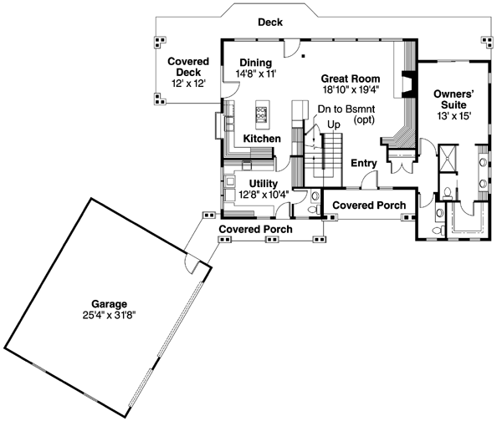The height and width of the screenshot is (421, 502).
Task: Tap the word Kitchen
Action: (262, 138)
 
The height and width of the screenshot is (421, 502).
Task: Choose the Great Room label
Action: (351, 79)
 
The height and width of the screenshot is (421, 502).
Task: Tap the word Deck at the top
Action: (269, 23)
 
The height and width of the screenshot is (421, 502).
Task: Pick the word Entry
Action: (365, 163)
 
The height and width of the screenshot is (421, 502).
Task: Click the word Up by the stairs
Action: (333, 124)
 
